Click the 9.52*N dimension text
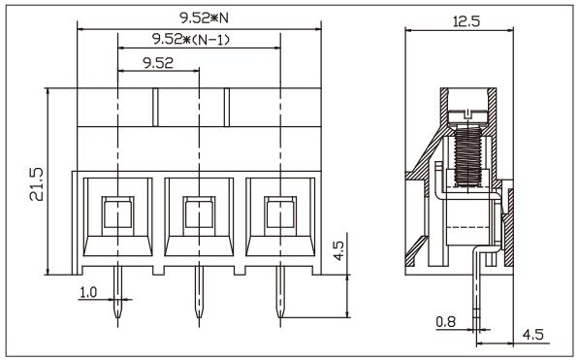tap(198, 16)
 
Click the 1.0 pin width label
tap(87, 291)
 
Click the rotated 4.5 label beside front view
tap(338, 254)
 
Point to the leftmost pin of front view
tap(116, 296)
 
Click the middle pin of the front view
tap(198, 296)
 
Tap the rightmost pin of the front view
tap(279, 296)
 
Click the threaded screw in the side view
tap(468, 155)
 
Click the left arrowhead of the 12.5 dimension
tap(406, 29)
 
